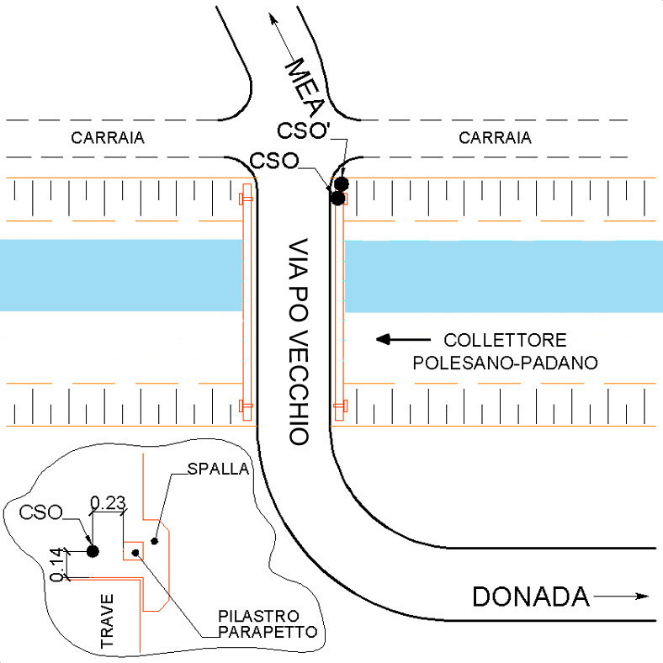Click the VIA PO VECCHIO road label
[299, 342]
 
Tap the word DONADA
[531, 597]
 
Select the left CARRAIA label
[108, 138]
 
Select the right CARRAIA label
[495, 138]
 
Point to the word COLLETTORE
[506, 340]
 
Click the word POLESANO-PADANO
[506, 363]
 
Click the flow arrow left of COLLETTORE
[403, 339]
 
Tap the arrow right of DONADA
[621, 597]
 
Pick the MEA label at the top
[305, 88]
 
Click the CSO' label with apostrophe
[303, 130]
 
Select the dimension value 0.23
[109, 503]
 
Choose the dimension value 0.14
[58, 565]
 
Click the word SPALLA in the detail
[218, 469]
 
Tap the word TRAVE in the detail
[108, 621]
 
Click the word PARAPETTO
[268, 632]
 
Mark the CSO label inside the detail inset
[41, 512]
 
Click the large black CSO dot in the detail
[93, 551]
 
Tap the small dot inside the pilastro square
[135, 553]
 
